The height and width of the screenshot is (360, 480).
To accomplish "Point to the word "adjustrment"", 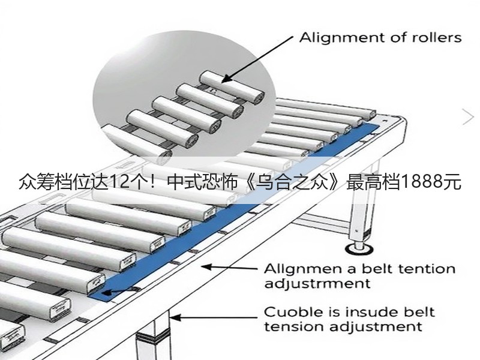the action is coord(317,284).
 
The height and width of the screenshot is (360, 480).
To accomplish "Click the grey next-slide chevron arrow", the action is coord(469,117).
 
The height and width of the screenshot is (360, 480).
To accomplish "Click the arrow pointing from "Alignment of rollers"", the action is coord(257,59).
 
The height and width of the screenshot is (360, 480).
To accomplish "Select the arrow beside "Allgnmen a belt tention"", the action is coord(229,268).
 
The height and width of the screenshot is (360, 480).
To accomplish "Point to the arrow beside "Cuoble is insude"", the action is coord(214,318).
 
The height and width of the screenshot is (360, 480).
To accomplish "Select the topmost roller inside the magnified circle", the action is coord(232,86).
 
